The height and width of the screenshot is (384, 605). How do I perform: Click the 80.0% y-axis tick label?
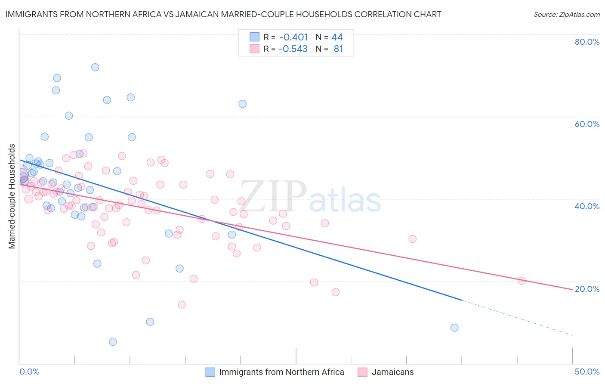coord(587,42)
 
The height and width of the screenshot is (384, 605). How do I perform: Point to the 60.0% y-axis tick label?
coord(587,124)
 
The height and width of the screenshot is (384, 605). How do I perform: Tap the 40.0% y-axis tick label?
coord(587,206)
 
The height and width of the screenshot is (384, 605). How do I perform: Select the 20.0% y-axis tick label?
coord(587,289)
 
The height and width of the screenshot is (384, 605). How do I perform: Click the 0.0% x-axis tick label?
coord(29,372)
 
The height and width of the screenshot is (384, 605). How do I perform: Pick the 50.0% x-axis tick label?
coord(587,372)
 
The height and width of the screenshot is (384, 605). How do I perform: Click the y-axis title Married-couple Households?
coord(12,196)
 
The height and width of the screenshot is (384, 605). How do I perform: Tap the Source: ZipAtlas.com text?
coord(566,14)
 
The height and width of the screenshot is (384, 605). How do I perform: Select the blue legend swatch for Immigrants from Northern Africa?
coord(210,372)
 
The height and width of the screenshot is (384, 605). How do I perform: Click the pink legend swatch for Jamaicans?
coord(362,372)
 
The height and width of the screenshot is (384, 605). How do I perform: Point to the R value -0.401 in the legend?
coord(293,37)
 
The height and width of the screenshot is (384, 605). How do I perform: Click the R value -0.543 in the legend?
coord(293,49)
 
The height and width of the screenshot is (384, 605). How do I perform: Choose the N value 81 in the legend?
coord(338,49)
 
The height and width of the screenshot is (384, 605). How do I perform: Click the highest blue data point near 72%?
coord(95,67)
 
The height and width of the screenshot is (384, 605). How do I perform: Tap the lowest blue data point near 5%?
coord(113,342)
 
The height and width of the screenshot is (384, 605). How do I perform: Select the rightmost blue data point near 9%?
coord(454,328)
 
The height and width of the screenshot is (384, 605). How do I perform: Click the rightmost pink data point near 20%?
coord(522,281)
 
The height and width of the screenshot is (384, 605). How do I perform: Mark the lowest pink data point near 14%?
coord(182,304)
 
